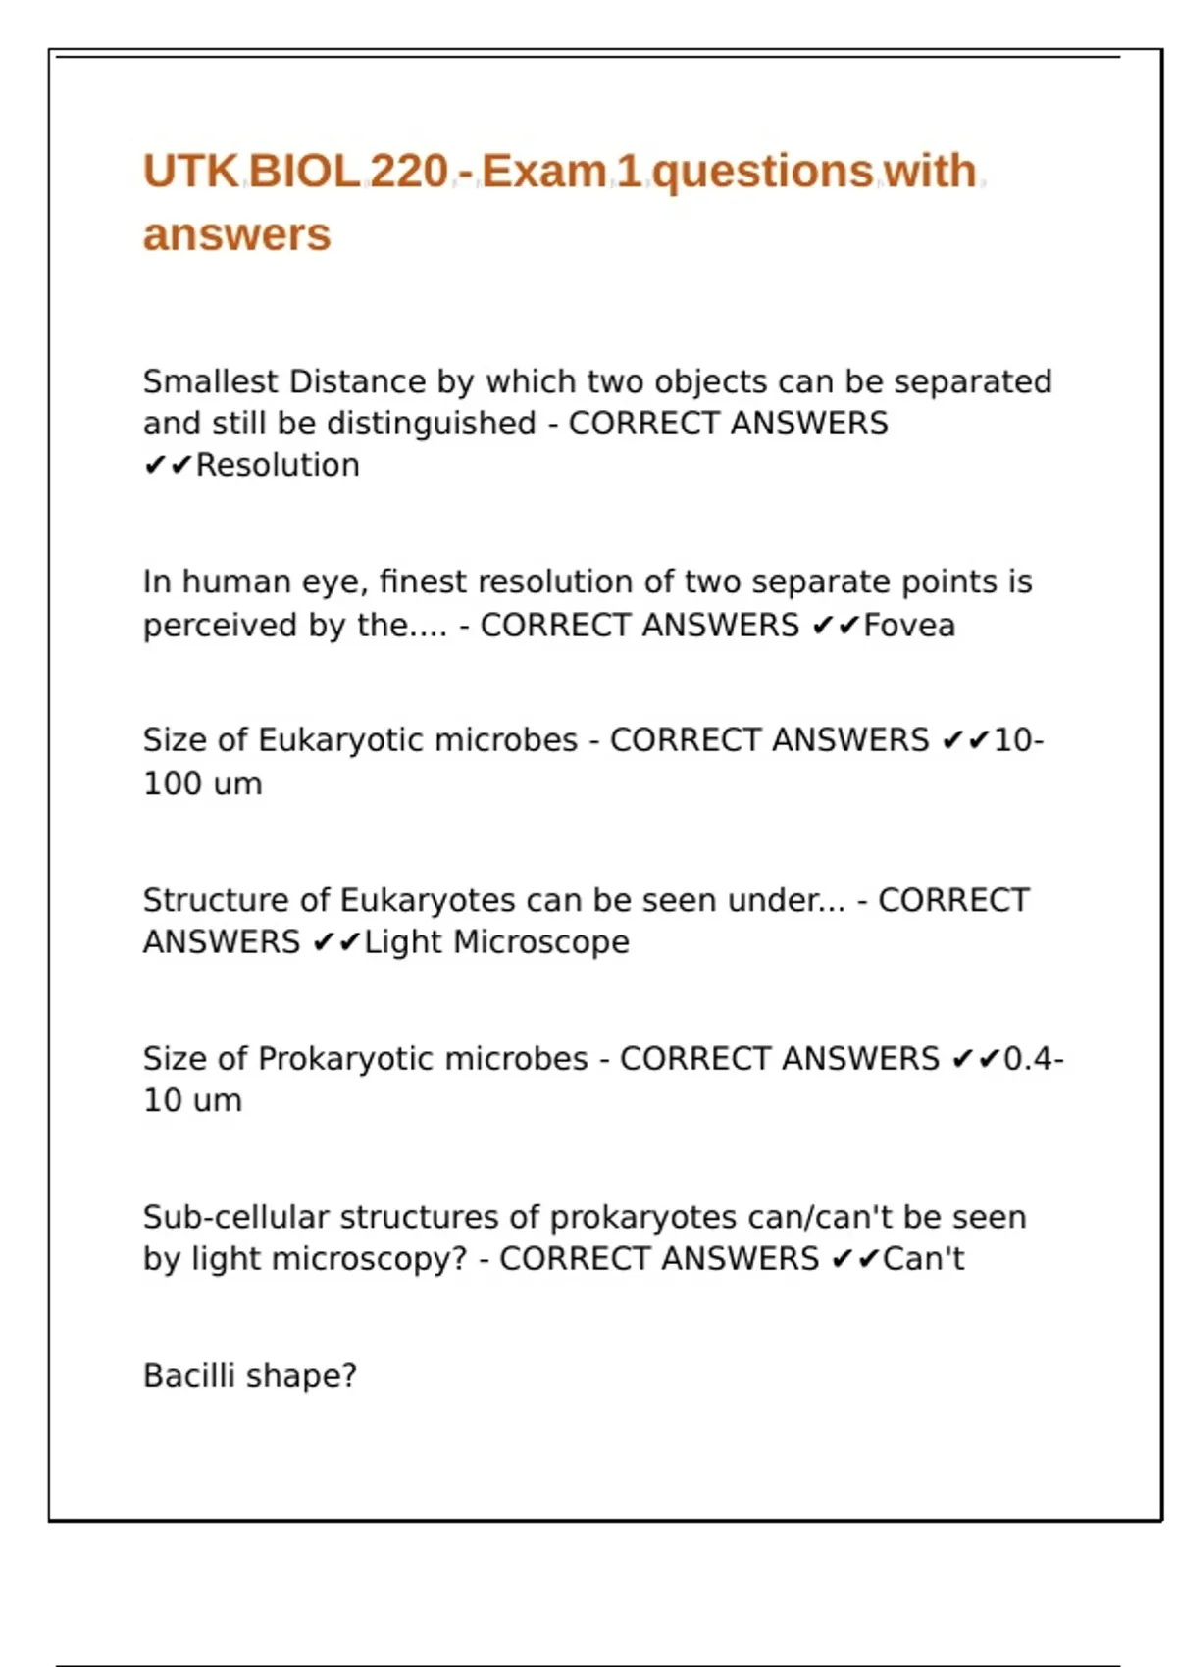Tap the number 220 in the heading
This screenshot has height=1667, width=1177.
point(408,172)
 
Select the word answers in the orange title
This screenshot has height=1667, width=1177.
point(237,235)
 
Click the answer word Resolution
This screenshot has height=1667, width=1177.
point(278,465)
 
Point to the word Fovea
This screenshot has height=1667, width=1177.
point(908,625)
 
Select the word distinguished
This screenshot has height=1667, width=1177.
point(432,424)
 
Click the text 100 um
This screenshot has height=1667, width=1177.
point(203,783)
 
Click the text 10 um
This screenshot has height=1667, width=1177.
point(192,1100)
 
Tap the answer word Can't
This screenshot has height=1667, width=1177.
point(923,1259)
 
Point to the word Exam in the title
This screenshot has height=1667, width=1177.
point(544,172)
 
